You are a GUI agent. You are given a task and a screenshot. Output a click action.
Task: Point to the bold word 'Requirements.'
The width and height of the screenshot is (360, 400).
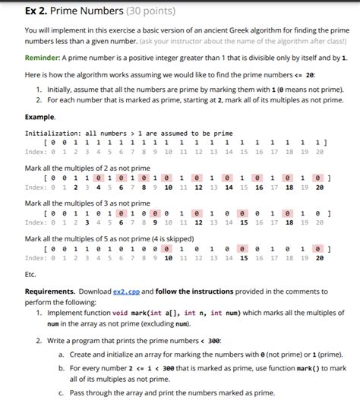pos(52,291)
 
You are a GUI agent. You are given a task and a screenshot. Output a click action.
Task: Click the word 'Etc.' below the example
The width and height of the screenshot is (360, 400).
pos(31,273)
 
